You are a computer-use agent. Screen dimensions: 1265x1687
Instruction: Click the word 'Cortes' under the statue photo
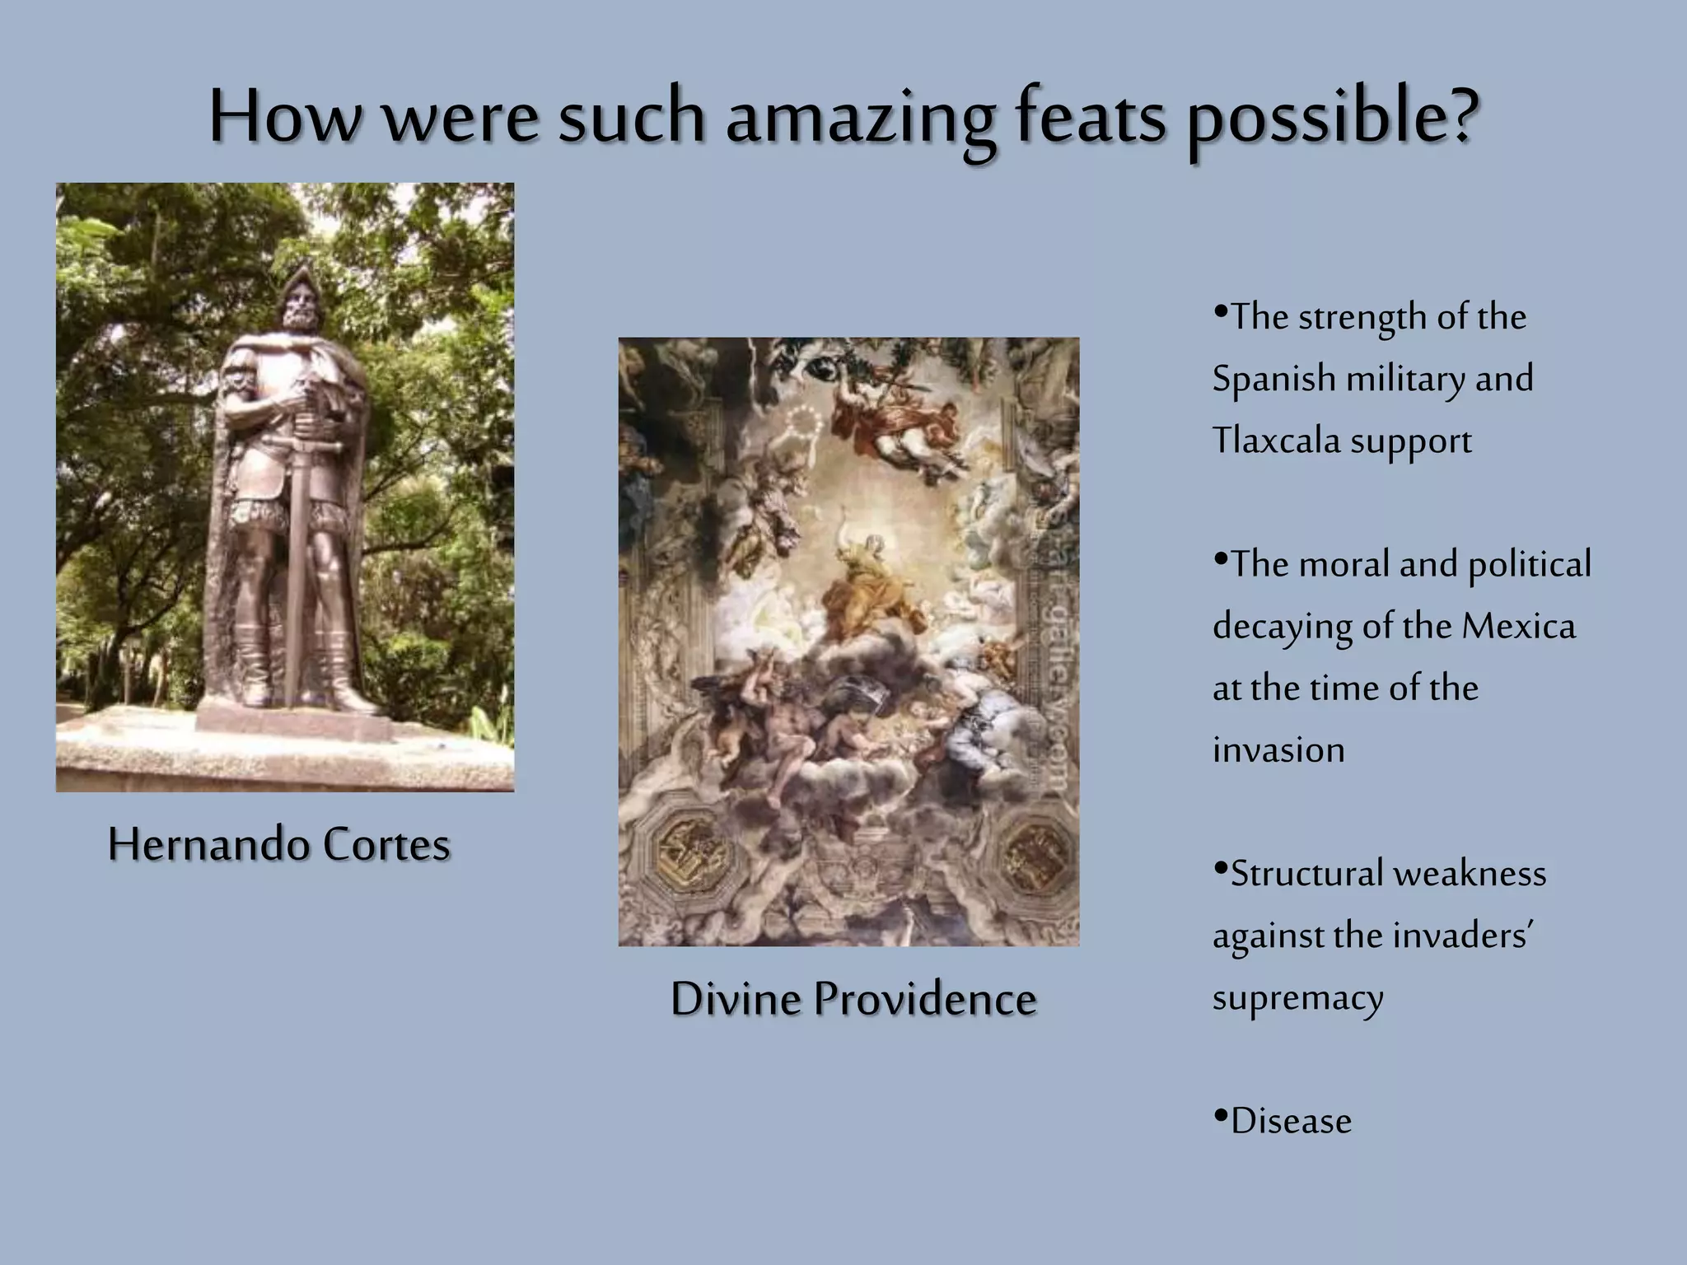386,845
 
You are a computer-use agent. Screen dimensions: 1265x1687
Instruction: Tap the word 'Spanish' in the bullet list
1273,380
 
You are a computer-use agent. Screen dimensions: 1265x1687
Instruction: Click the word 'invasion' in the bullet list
1278,750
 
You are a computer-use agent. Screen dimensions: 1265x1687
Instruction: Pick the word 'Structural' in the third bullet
1305,874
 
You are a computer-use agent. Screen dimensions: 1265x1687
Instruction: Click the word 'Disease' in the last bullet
1291,1122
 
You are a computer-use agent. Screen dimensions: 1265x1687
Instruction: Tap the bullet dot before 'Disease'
1221,1117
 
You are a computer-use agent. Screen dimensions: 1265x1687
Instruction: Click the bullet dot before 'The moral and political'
1221,560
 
